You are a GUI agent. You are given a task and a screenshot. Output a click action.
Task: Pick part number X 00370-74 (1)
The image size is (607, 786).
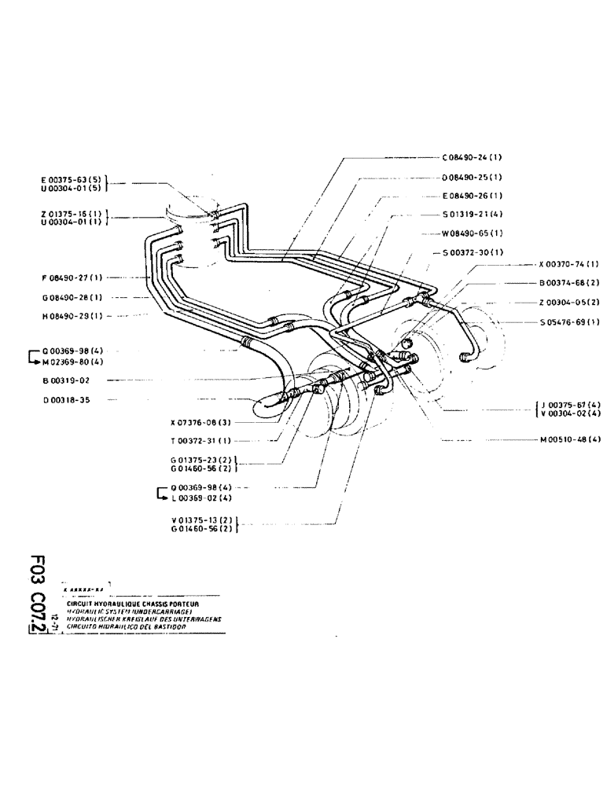point(569,265)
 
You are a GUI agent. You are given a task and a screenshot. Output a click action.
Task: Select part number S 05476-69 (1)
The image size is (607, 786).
point(570,322)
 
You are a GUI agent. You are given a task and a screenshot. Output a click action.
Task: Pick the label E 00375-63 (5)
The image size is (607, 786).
point(70,179)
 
